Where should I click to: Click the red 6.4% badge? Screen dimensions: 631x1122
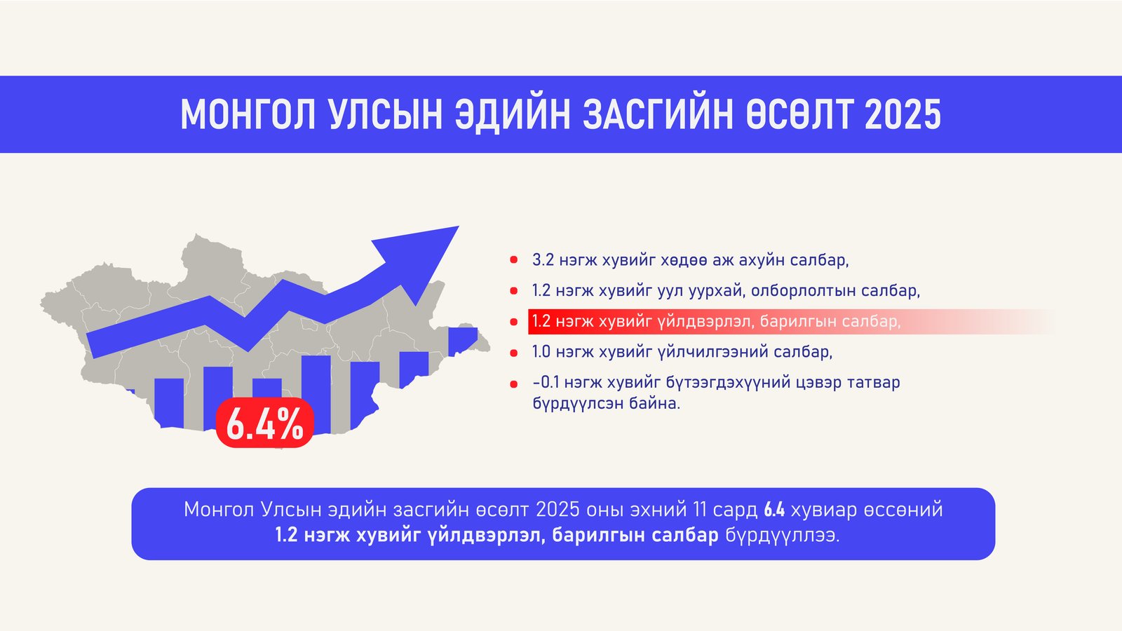pos(264,423)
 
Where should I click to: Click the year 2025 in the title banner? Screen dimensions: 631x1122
pos(903,114)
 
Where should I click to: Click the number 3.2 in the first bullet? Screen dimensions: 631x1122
pos(543,260)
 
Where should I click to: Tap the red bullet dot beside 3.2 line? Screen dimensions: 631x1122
pos(514,260)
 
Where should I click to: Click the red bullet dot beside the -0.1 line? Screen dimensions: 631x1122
pos(514,384)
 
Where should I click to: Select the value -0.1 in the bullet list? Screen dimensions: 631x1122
pos(546,383)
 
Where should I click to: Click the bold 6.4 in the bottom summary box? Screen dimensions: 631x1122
pos(774,510)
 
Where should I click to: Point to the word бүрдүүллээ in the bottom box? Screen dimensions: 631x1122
pos(782,536)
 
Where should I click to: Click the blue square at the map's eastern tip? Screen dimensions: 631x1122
pos(463,340)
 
